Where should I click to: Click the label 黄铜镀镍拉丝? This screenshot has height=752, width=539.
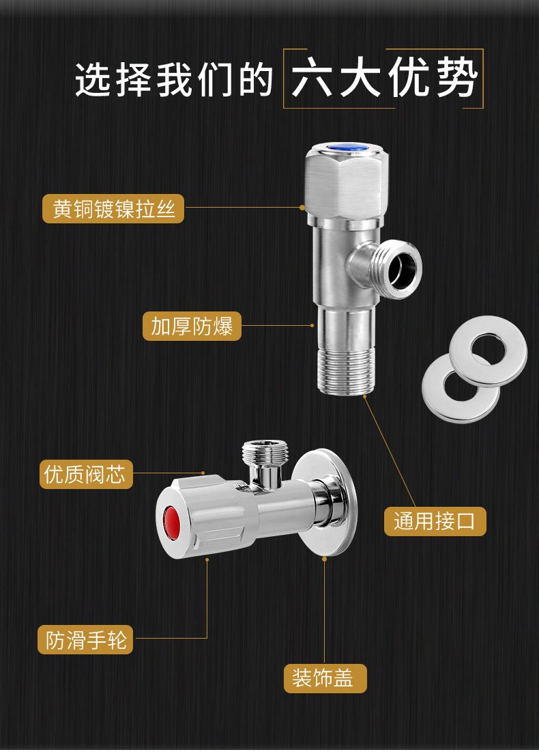[113, 208]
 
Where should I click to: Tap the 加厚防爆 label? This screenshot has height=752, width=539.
[192, 326]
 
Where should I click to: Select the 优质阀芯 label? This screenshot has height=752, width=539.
[85, 473]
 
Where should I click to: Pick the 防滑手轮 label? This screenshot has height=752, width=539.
[86, 640]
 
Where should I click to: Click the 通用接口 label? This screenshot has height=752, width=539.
[435, 521]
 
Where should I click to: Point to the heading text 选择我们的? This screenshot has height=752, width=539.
[174, 81]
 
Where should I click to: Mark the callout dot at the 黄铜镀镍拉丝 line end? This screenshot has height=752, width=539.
[302, 207]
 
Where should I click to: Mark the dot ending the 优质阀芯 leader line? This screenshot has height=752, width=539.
[203, 472]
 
